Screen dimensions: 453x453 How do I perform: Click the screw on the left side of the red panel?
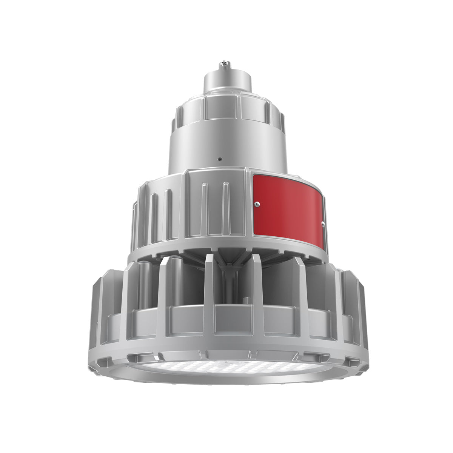(257, 204)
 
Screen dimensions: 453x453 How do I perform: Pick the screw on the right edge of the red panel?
(323, 223)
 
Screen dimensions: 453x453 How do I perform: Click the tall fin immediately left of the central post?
(209, 291)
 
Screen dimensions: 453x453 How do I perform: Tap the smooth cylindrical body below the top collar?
(226, 143)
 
